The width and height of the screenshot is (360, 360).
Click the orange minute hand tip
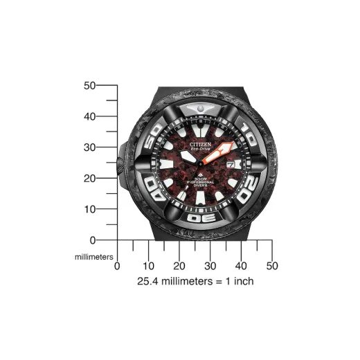231,145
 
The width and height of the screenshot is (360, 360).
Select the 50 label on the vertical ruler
89,86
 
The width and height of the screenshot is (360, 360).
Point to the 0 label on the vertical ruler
92,240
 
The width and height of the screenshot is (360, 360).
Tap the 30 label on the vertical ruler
89,147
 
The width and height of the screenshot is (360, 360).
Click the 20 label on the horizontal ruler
179,266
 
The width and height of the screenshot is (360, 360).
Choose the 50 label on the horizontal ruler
272,266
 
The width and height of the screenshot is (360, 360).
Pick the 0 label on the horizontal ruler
117,266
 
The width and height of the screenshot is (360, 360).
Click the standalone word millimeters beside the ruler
93,255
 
